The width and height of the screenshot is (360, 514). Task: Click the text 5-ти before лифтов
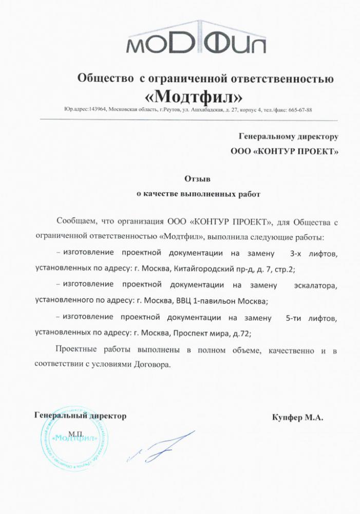[296, 318]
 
